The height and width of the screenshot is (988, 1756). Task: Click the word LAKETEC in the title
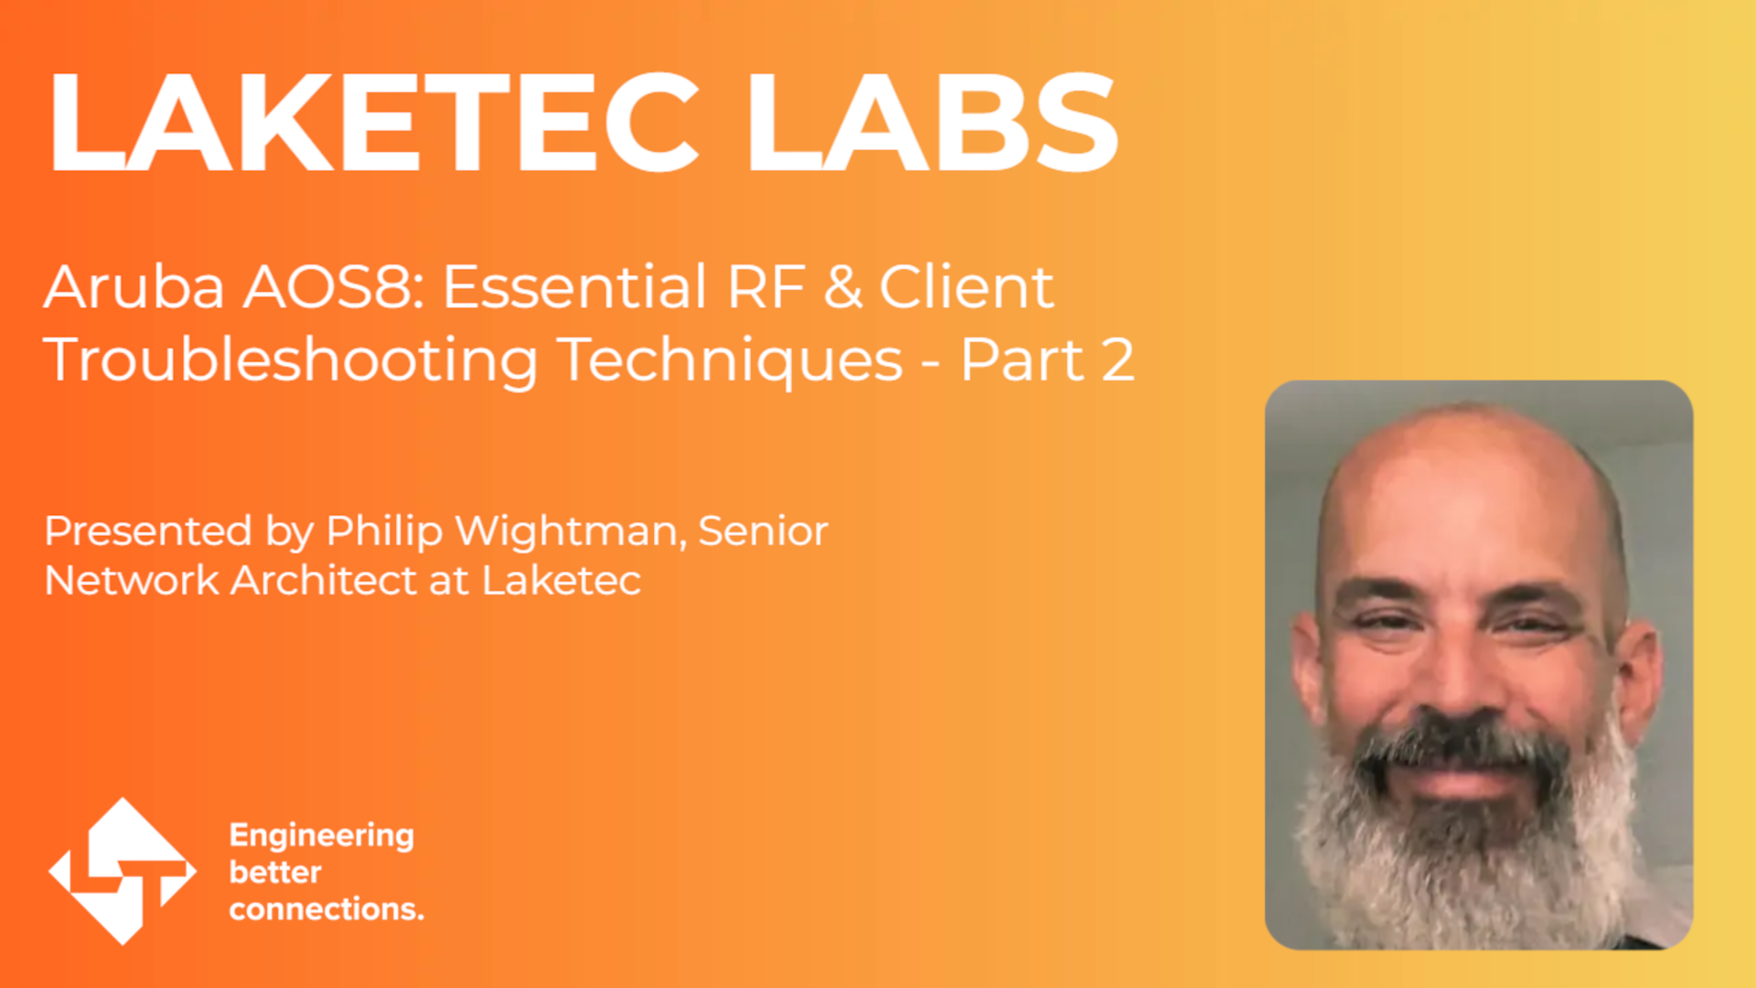(373, 122)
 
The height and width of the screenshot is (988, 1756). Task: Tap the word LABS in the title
(932, 122)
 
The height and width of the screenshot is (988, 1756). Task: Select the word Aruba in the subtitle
(134, 287)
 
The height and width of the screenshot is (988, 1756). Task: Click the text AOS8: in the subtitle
(333, 287)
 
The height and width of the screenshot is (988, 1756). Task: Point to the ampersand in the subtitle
(842, 287)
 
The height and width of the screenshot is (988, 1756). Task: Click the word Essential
(574, 287)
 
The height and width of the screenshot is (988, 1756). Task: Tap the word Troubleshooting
(291, 361)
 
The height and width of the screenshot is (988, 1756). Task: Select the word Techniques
(730, 361)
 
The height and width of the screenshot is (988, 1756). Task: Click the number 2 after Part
(1118, 360)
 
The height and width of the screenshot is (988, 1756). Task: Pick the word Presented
(148, 532)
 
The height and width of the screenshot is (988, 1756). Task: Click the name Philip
(384, 532)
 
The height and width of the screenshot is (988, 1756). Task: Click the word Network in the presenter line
(132, 580)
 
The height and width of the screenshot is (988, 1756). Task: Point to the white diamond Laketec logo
(123, 871)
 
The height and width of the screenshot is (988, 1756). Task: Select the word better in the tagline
(275, 872)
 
